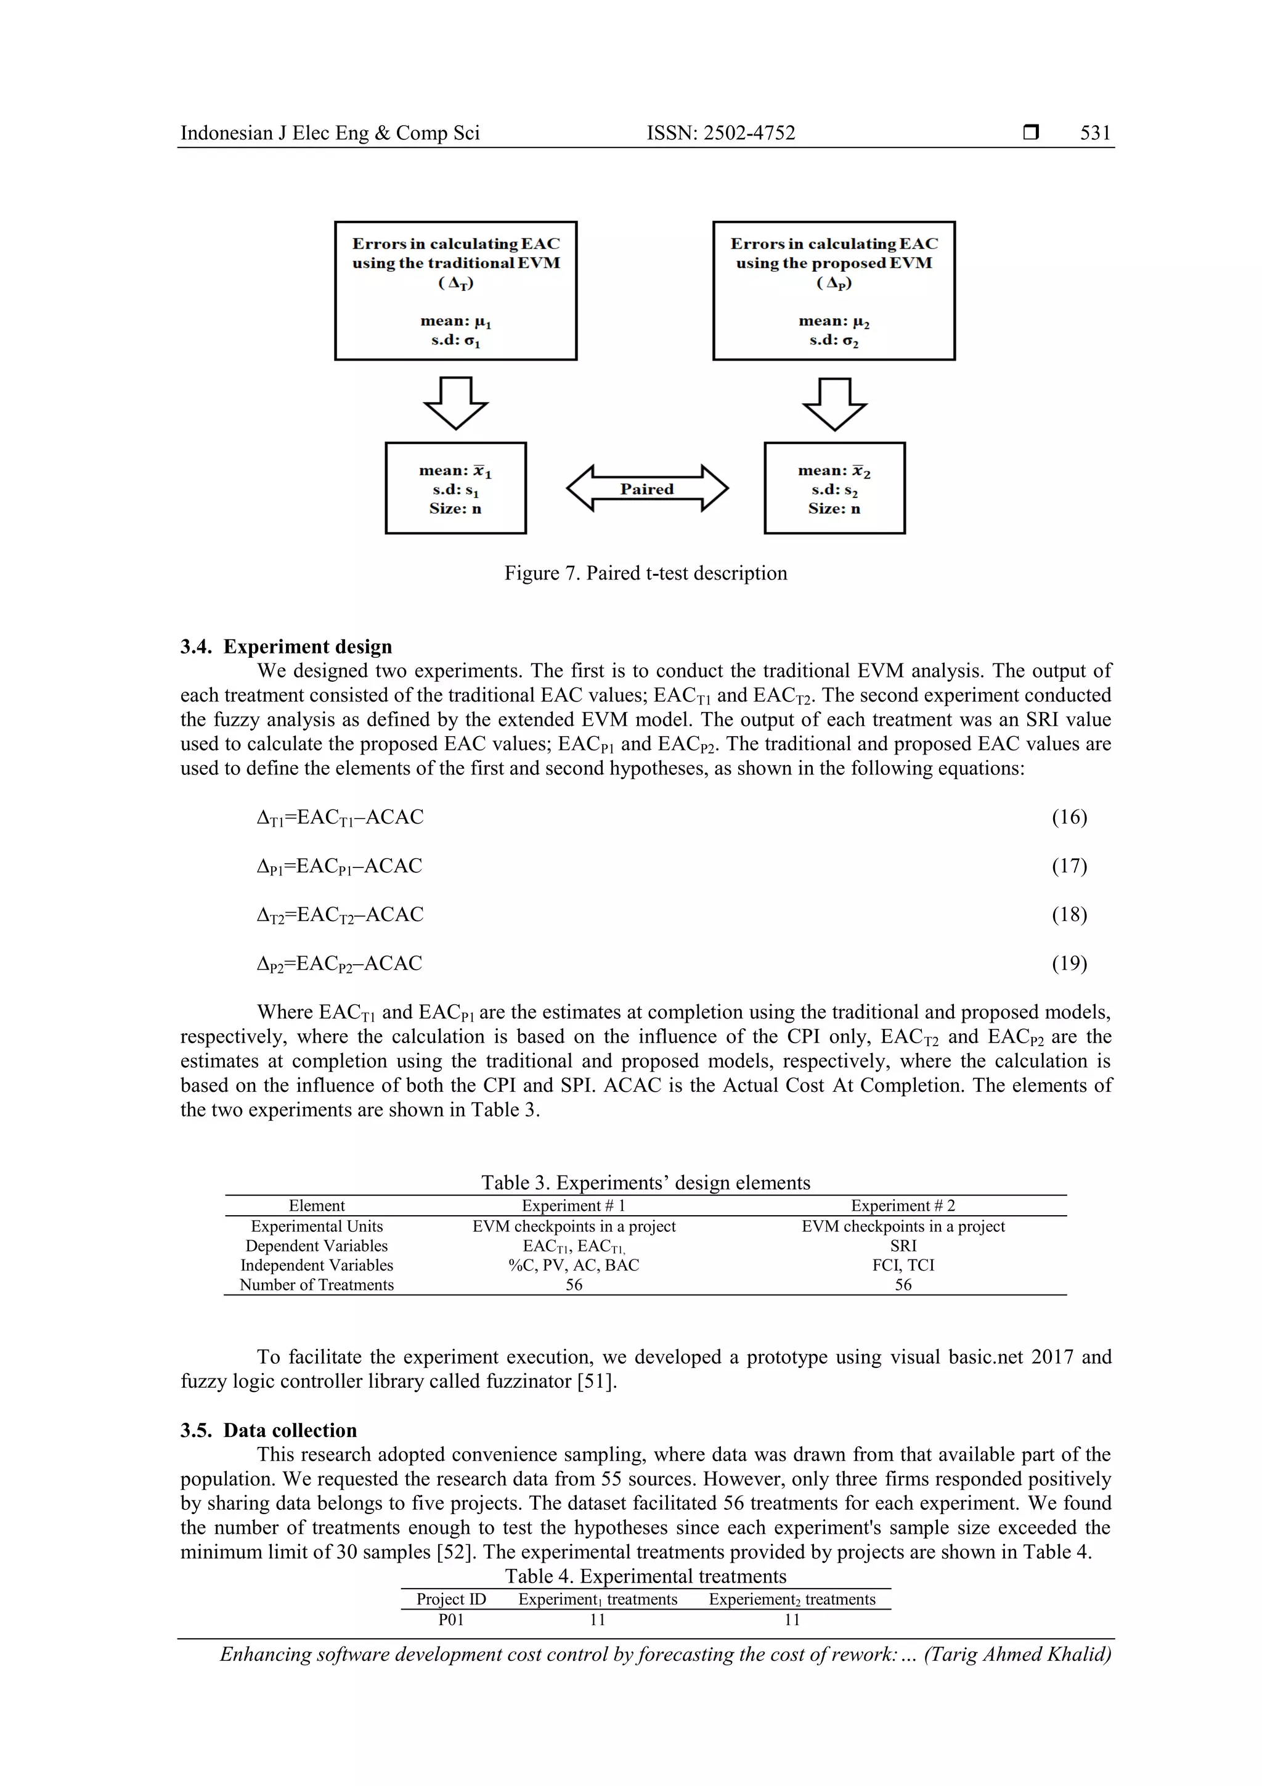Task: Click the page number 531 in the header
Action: click(x=1095, y=133)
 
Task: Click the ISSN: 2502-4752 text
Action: click(x=721, y=133)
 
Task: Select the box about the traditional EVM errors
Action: click(x=455, y=290)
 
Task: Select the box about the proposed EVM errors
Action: click(x=834, y=290)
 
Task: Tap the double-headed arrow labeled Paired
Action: click(x=647, y=488)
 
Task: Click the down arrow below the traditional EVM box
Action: click(x=455, y=403)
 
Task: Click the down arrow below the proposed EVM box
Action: click(x=834, y=404)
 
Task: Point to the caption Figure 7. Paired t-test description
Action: click(x=645, y=573)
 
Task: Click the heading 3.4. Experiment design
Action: click(x=286, y=647)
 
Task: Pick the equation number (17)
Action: click(x=1069, y=866)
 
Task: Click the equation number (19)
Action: click(x=1069, y=963)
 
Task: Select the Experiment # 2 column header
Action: click(x=903, y=1206)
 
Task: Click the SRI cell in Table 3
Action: click(x=903, y=1245)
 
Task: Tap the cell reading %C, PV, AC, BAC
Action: click(x=574, y=1265)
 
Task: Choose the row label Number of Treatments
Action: click(x=317, y=1285)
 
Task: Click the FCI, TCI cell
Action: click(x=903, y=1265)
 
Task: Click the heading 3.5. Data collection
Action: click(x=268, y=1430)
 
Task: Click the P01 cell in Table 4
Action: click(x=451, y=1620)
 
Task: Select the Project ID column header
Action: click(x=451, y=1599)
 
